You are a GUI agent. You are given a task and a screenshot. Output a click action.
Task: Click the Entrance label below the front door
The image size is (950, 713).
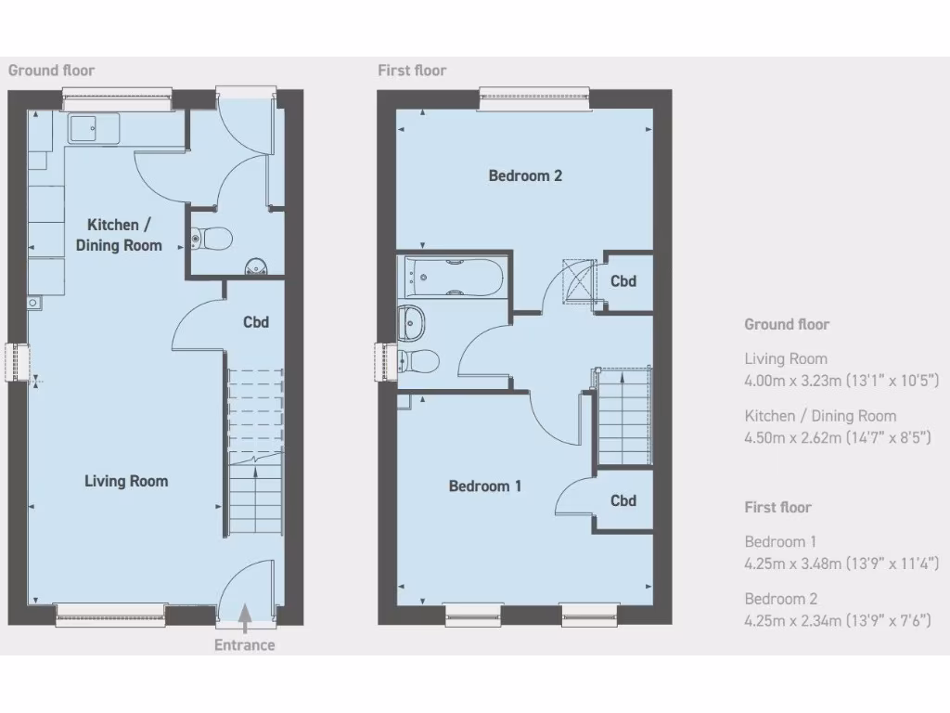[245, 645]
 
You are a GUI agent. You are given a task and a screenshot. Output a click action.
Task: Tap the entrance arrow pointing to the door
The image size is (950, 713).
[245, 615]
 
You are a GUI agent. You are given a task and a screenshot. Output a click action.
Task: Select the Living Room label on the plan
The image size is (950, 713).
[126, 481]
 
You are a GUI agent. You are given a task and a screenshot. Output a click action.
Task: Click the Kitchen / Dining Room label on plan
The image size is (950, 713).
[124, 235]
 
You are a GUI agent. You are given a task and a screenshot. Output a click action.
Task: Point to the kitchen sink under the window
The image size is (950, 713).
[94, 129]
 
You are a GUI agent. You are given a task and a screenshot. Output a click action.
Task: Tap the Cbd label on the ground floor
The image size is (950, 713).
[256, 322]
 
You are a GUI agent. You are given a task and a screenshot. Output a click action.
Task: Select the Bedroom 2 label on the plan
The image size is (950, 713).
[525, 175]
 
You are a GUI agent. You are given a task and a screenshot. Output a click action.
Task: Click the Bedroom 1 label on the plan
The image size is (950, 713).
[485, 486]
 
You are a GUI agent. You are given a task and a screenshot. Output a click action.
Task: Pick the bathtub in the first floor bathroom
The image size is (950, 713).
[454, 276]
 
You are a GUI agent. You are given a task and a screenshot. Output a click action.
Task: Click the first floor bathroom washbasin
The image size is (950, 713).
[412, 322]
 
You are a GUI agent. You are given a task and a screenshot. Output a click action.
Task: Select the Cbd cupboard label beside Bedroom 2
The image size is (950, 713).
[623, 280]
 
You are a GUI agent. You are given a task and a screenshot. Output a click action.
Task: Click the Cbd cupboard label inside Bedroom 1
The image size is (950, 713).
[623, 500]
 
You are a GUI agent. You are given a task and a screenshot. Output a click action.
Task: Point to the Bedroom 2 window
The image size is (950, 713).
[535, 98]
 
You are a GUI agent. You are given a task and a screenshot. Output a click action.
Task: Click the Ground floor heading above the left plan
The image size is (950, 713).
[51, 71]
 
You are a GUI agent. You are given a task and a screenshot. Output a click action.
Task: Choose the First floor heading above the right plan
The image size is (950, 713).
[412, 71]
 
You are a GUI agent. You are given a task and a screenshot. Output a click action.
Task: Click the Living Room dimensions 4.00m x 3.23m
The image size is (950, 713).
[842, 380]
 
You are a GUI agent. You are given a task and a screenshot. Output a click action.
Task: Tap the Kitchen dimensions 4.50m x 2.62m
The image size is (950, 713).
[842, 437]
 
